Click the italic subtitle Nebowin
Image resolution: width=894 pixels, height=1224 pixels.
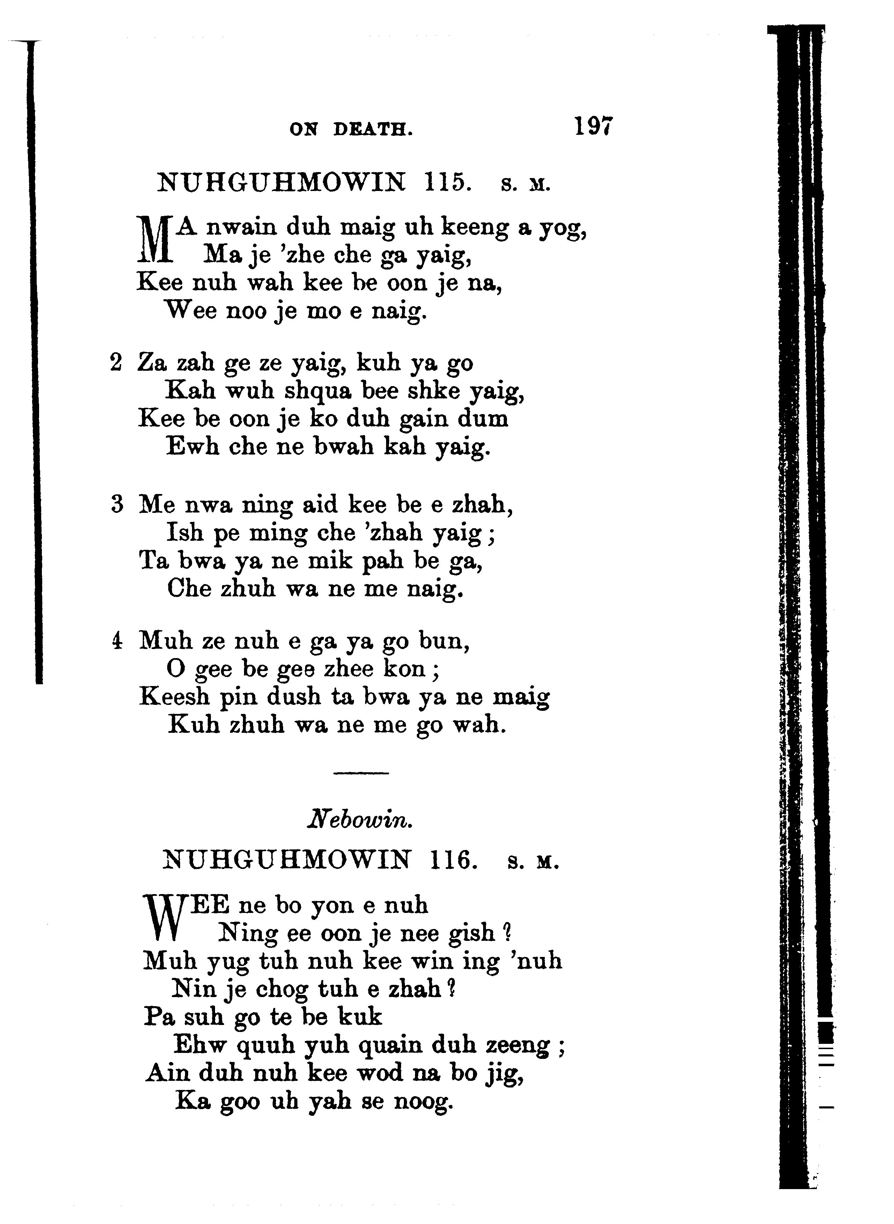tap(360, 821)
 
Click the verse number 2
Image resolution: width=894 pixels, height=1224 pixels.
tap(116, 362)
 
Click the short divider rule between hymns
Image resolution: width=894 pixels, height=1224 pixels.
tap(361, 772)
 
